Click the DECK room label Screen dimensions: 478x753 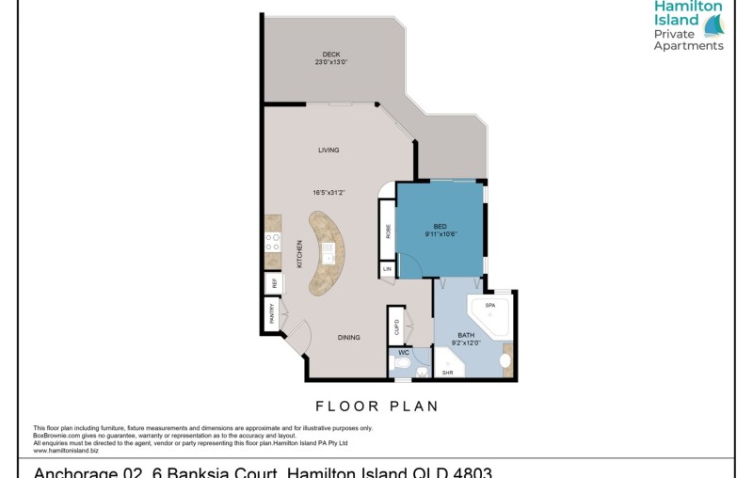[x=330, y=54]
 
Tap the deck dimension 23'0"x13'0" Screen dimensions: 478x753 [x=330, y=62]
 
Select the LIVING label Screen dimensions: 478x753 [x=328, y=150]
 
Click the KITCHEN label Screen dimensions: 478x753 [x=300, y=254]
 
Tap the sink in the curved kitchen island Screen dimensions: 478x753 [x=328, y=252]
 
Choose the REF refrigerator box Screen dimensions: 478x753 [x=273, y=282]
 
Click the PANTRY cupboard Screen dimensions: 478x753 [x=272, y=312]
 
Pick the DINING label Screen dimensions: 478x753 [x=349, y=337]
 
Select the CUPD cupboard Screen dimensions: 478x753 [x=397, y=326]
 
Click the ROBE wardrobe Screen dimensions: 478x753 [x=387, y=231]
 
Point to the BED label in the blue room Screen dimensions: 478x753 [x=440, y=227]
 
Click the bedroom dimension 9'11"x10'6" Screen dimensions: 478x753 [x=440, y=235]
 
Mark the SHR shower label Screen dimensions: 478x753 [x=448, y=373]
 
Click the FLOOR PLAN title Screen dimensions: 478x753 [x=376, y=406]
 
